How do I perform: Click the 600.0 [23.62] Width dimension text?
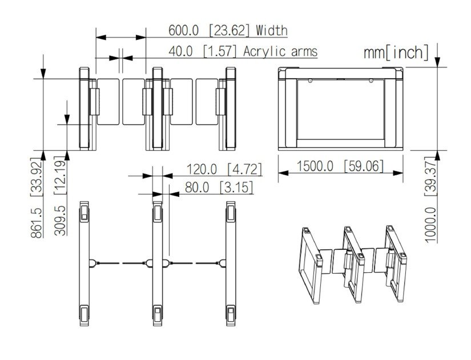(x=227, y=30)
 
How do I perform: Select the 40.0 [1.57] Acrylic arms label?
(x=243, y=51)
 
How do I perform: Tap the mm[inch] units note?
(x=396, y=53)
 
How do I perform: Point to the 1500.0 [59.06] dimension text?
(x=340, y=167)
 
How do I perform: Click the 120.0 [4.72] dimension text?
(x=224, y=169)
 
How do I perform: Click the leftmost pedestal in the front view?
(x=85, y=108)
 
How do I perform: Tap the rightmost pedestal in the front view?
(x=230, y=108)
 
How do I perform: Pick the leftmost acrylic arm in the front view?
(x=109, y=101)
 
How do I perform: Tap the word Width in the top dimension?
(x=272, y=30)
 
